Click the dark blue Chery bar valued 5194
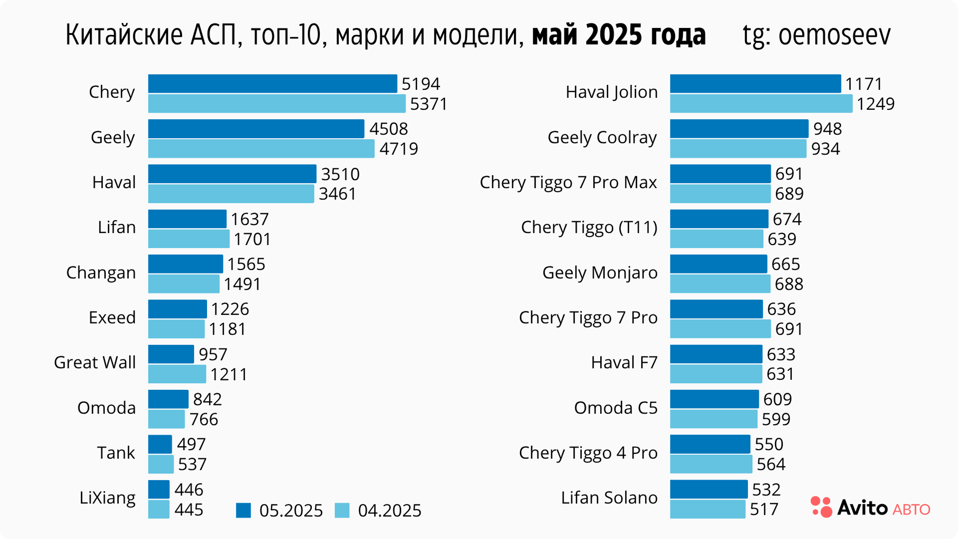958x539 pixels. pos(272,84)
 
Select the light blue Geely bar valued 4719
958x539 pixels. pos(261,149)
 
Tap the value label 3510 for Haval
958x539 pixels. pos(340,174)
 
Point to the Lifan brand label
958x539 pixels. pos(117,228)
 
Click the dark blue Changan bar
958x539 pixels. pos(186,264)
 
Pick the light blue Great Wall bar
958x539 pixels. pos(177,374)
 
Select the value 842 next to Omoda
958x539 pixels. pos(207,399)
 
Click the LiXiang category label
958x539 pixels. pos(107,498)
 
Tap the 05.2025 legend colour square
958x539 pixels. pos(243,510)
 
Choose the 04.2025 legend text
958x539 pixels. pos(390,511)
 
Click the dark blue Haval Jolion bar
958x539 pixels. pos(755,84)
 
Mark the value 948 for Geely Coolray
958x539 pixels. pos(827,129)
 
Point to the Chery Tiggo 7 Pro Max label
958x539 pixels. pos(568,183)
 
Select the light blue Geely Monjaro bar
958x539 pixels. pos(720,284)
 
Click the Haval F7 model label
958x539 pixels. pos(624,363)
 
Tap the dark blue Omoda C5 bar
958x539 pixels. pos(715,399)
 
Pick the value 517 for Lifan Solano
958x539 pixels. pos(764,509)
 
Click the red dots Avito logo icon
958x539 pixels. pos(821,507)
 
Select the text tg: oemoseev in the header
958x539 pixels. pos(816,35)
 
